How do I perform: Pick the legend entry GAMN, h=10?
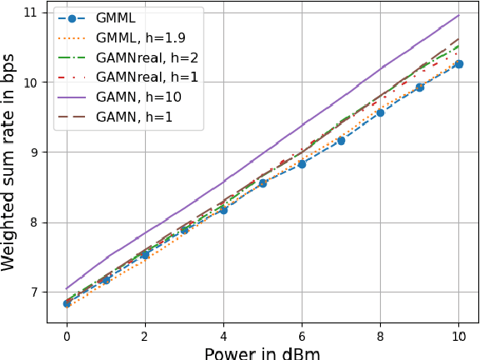129,96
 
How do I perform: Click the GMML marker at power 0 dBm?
67,303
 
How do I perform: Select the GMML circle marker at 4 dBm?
223,209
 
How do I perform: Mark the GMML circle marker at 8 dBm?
380,112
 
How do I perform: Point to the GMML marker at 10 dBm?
458,64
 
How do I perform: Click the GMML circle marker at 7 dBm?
341,141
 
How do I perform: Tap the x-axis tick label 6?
302,335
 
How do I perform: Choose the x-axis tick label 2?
145,335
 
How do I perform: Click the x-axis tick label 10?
458,335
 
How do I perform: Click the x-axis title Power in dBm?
262,352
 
